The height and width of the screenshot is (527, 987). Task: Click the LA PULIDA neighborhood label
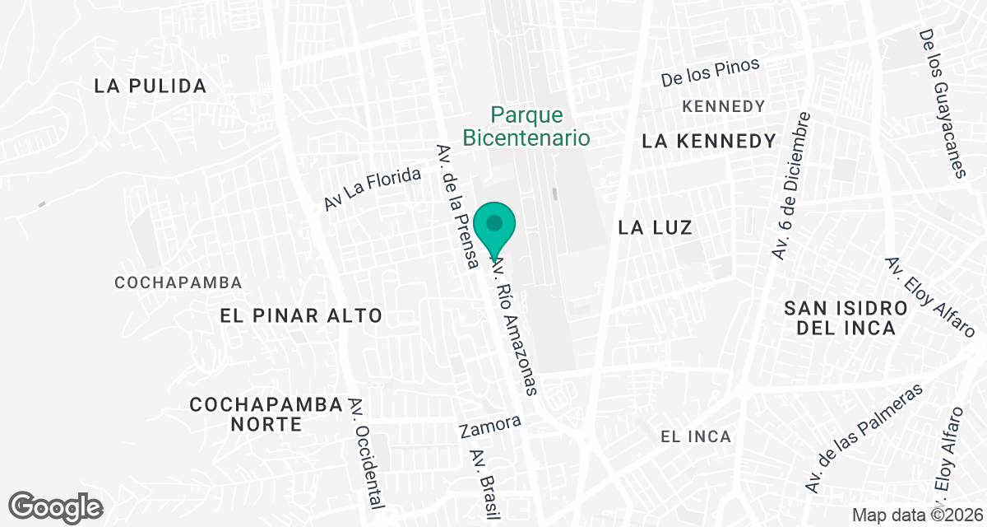pos(150,86)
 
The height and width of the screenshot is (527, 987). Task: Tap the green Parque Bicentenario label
pos(526,126)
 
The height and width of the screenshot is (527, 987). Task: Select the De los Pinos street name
pos(711,72)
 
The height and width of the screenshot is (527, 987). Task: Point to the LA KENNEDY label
pos(709,142)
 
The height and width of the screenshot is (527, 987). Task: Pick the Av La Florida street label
pos(373,189)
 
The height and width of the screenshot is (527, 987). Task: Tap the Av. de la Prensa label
pos(458,207)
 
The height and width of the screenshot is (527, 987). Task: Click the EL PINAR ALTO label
pos(302,315)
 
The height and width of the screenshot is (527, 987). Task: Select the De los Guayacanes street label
pos(942,104)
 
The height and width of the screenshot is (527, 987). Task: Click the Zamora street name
pos(490,427)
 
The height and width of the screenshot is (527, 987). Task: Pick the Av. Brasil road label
pos(484,485)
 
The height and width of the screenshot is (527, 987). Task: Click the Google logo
pos(55,506)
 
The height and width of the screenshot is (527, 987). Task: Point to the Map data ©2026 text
pos(916,515)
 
